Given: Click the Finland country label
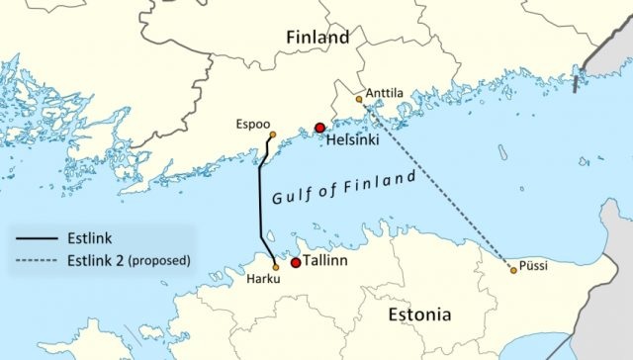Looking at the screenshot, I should tap(316, 38).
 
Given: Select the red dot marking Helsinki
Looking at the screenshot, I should tap(319, 128).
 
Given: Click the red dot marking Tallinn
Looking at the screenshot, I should tap(295, 263).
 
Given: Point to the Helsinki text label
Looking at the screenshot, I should tap(352, 141).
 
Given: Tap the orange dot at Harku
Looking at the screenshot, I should tap(275, 267).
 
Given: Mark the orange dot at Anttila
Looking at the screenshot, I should tap(359, 99).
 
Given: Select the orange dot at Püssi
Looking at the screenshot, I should tap(512, 270).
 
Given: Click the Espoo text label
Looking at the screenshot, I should tap(253, 125).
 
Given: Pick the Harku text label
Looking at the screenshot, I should tap(264, 281).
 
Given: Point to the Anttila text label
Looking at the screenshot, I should tap(386, 94).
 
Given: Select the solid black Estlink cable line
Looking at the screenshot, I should tap(260, 208).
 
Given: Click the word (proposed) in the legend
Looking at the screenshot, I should tap(160, 261).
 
